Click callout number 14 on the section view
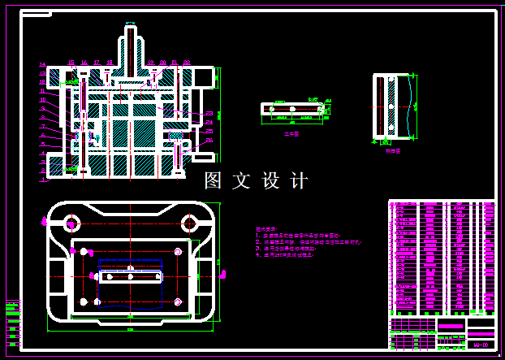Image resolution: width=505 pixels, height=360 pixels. tap(43, 64)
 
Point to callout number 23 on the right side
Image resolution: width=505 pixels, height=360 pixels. tap(209, 113)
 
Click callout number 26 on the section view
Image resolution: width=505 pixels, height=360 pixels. tap(209, 140)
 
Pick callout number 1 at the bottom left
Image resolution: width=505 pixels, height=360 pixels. tap(43, 180)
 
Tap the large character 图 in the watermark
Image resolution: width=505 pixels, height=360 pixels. tap(214, 180)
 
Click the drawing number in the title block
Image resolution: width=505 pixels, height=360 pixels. tap(480, 345)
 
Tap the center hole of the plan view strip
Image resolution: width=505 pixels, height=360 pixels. tap(130, 277)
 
